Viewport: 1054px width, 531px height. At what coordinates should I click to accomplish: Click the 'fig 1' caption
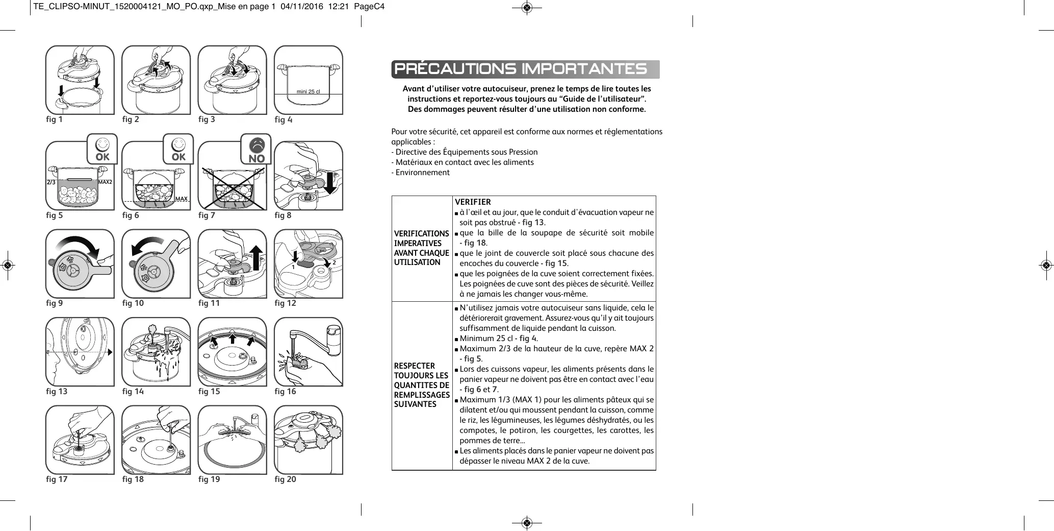coord(54,119)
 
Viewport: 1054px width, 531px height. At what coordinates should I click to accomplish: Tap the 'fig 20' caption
coord(285,479)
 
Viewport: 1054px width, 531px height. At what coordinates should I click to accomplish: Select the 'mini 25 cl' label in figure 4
coord(308,92)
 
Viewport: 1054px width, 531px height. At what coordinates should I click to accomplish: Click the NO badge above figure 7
coord(256,150)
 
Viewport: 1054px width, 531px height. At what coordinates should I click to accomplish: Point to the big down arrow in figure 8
coord(330,183)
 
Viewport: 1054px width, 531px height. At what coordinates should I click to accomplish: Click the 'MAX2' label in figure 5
coord(105,182)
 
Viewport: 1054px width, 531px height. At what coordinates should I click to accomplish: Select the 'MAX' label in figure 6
coord(181,199)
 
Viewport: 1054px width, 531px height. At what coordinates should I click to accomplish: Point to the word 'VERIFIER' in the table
coord(473,202)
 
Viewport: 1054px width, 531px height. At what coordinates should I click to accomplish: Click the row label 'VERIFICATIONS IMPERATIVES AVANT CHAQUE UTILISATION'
coord(421,248)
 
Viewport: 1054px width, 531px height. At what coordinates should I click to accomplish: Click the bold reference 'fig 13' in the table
coord(533,223)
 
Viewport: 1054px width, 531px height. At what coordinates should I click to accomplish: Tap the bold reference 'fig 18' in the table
coord(475,243)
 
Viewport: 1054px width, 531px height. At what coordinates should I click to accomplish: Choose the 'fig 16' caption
coord(285,392)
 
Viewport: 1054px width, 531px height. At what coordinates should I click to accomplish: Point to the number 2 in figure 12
coord(334,262)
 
